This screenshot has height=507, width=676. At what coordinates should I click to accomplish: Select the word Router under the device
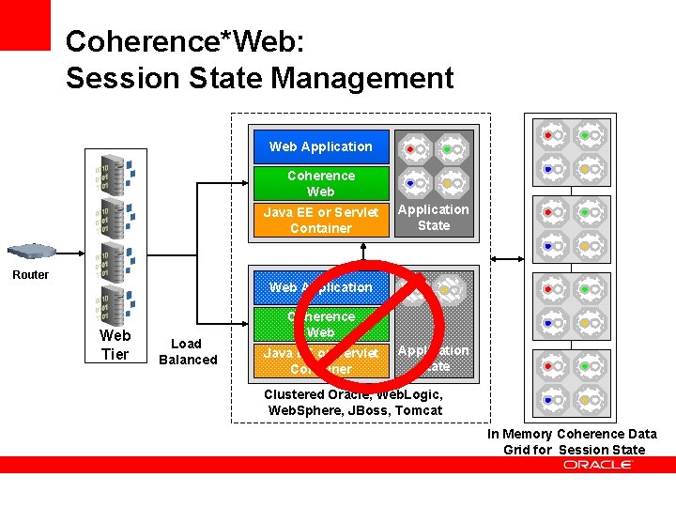30,275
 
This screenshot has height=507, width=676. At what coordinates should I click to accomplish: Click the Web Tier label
115,344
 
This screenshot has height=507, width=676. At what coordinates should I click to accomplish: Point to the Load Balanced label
188,351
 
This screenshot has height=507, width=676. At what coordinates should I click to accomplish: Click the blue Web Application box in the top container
320,146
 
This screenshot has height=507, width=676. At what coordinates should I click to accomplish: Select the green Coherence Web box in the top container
320,183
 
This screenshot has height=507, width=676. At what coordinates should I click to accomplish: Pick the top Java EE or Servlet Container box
320,220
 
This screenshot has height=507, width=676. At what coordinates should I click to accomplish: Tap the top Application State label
434,217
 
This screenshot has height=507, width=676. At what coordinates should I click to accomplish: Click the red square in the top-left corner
24,24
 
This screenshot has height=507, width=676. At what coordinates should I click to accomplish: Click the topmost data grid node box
574,151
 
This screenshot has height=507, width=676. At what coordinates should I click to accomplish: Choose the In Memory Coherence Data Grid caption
573,441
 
